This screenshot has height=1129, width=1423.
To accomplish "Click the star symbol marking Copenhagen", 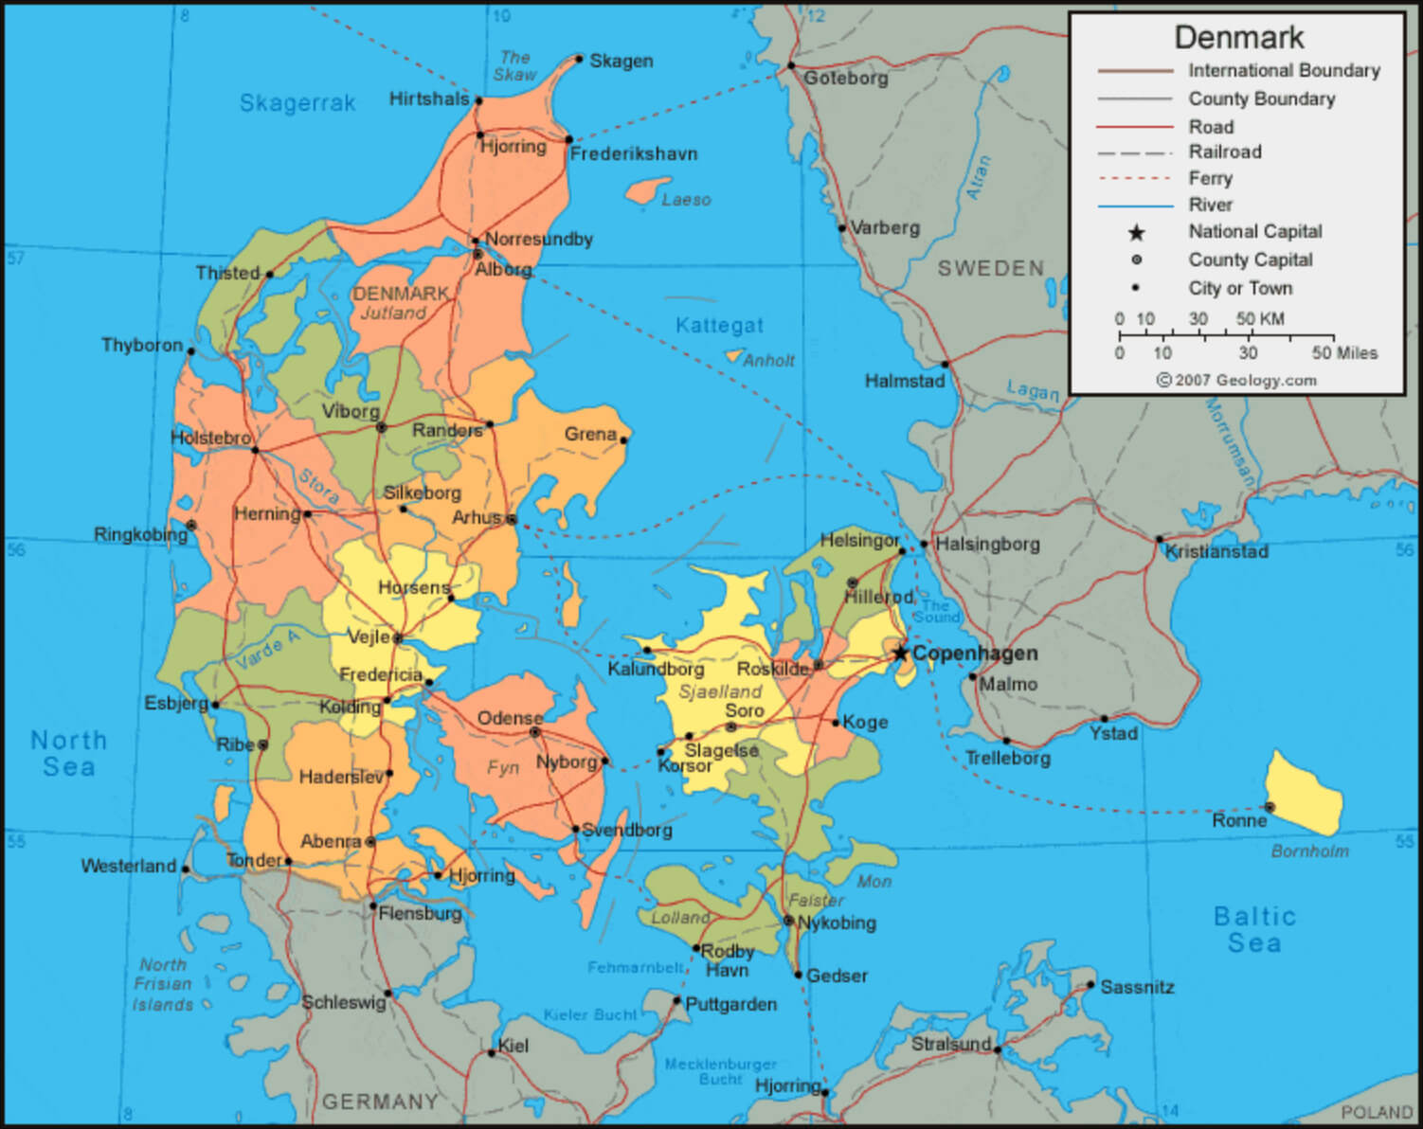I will click(899, 653).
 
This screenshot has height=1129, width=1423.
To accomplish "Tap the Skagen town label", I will click(621, 61).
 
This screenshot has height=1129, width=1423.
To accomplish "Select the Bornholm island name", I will click(1309, 851).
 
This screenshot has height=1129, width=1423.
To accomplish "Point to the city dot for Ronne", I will click(1270, 807).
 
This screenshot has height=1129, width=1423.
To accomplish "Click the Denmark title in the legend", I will click(1238, 37).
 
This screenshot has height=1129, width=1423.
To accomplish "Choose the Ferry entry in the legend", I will click(1210, 178).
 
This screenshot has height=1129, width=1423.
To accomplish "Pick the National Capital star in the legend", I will click(1136, 233).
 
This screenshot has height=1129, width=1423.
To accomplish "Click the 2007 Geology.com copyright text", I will click(1236, 380).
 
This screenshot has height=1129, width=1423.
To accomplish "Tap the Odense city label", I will click(510, 718).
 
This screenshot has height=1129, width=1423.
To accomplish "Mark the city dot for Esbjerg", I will click(216, 705).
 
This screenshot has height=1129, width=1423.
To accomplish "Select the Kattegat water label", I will click(719, 325).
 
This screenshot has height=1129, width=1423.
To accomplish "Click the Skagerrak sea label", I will click(297, 102).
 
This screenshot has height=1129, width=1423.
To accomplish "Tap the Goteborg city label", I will click(845, 78).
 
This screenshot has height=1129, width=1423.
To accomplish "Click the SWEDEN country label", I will click(991, 268).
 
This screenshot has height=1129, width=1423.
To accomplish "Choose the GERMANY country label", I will click(380, 1102).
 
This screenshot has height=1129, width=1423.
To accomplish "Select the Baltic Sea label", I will click(1254, 929).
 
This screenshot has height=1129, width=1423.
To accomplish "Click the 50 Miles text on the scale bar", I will click(1344, 352).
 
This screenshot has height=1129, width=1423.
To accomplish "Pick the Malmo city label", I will click(1008, 684).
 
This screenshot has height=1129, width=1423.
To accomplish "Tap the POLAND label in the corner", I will click(1376, 1112).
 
